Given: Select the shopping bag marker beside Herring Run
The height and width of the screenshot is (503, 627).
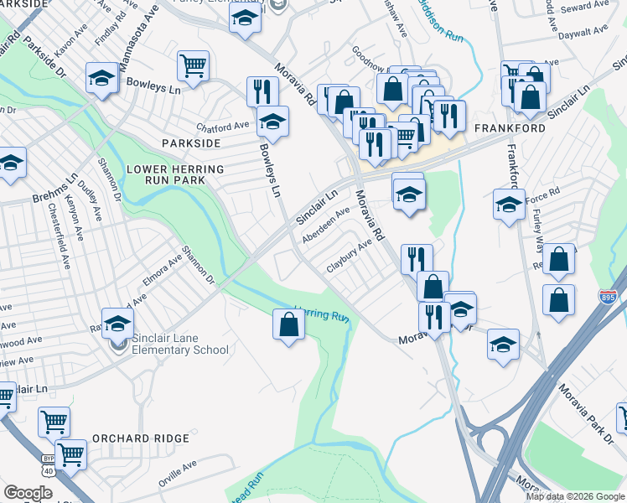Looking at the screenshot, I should pyautogui.click(x=288, y=324).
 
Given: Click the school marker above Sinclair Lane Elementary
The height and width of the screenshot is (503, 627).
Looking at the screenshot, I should pyautogui.click(x=118, y=323).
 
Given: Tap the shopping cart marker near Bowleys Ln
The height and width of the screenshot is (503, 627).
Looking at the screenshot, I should pyautogui.click(x=193, y=65).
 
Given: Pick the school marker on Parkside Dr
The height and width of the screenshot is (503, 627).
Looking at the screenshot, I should pyautogui.click(x=101, y=79).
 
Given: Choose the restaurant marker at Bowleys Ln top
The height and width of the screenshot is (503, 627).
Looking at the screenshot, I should pyautogui.click(x=262, y=90).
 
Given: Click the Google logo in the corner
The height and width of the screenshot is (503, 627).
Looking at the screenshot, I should pyautogui.click(x=28, y=494).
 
